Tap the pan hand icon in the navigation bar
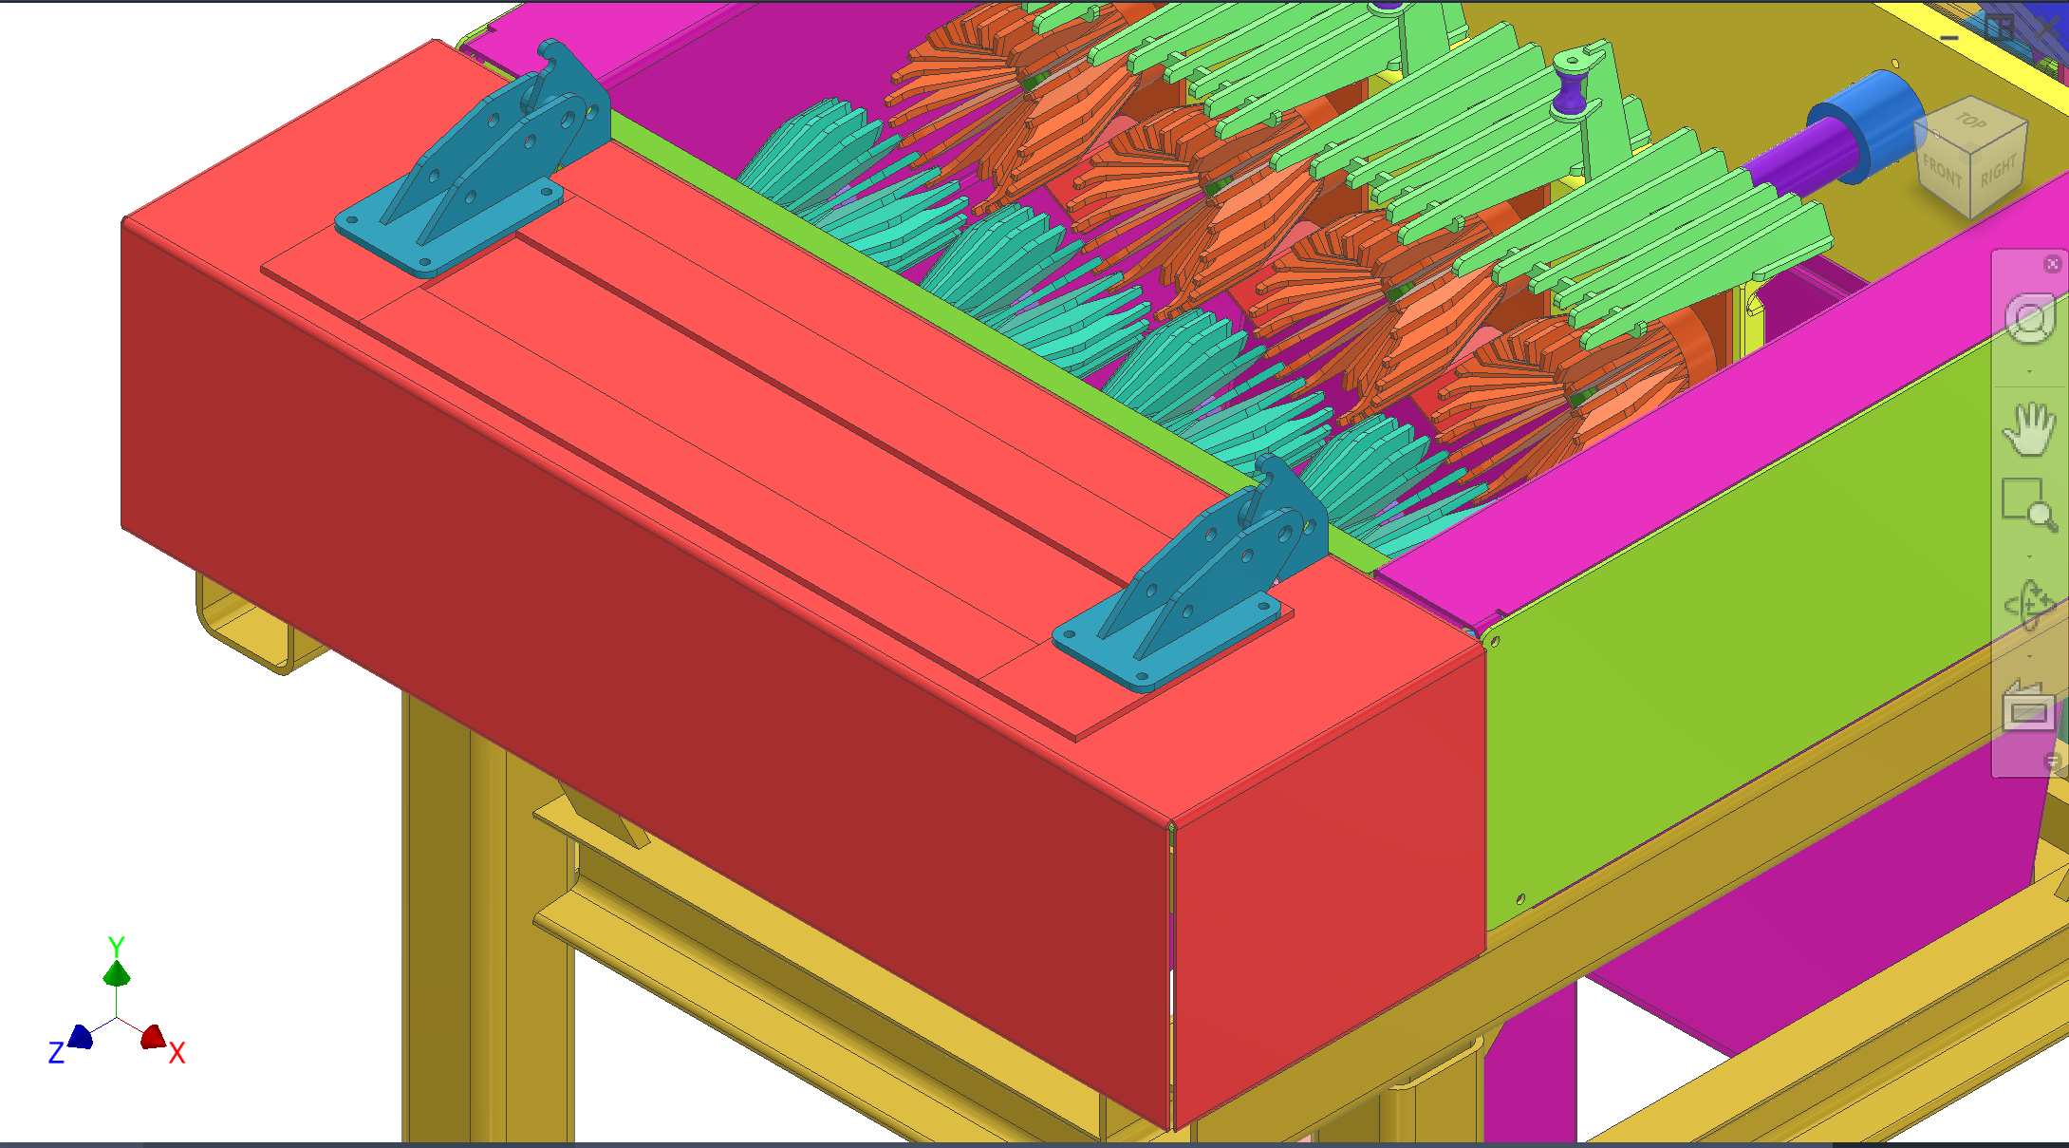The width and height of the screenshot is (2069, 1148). tap(2029, 428)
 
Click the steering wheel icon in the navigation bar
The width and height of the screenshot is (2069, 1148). tap(2030, 318)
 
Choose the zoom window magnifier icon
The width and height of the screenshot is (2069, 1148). tap(2029, 504)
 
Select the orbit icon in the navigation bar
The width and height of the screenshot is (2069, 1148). tap(2029, 605)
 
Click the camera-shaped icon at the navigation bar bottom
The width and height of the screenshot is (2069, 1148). tap(2028, 706)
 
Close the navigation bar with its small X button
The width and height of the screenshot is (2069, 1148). tap(2052, 264)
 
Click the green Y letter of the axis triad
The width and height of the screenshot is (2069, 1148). tap(117, 947)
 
